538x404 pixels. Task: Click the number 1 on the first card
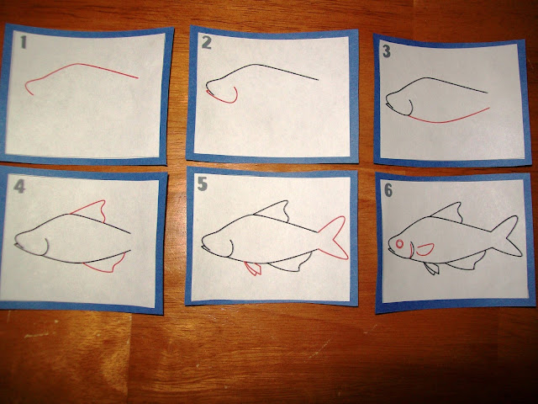coord(26,40)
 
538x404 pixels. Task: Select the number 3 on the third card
coord(388,52)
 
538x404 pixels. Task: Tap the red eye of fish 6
coord(400,246)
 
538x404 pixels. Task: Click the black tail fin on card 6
coord(507,237)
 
